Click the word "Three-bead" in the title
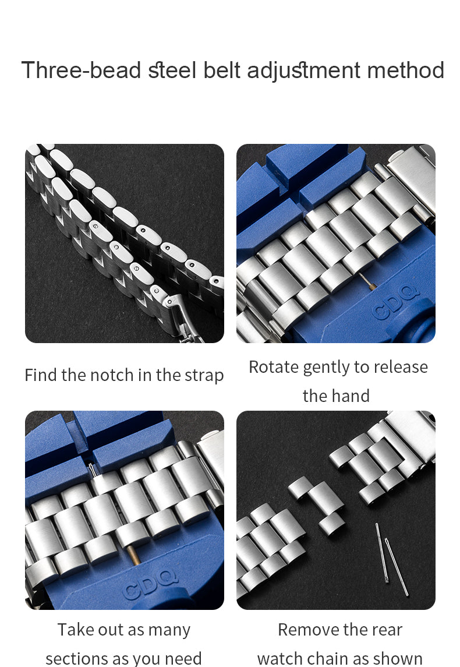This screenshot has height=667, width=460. click(81, 70)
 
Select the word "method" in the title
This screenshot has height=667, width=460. click(406, 70)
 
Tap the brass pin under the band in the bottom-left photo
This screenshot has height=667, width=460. click(133, 556)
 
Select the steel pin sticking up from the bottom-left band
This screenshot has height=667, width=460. click(92, 470)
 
